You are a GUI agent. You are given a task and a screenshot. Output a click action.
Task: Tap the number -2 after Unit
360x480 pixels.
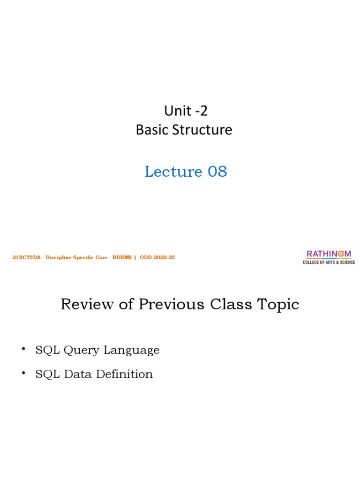pos(200,111)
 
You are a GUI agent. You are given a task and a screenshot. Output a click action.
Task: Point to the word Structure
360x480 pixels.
pos(202,130)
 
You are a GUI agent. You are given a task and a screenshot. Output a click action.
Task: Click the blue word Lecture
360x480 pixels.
pos(168,172)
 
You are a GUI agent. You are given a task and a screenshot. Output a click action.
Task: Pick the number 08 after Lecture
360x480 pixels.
pos(217,172)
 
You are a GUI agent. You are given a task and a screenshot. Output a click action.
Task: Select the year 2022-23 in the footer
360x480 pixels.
pos(164,257)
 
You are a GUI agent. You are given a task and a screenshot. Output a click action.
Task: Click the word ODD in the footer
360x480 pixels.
pos(145,257)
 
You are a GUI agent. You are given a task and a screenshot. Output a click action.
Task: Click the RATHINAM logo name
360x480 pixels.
pos(329,254)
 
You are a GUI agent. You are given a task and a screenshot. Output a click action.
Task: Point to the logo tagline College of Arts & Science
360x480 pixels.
pos(329,262)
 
